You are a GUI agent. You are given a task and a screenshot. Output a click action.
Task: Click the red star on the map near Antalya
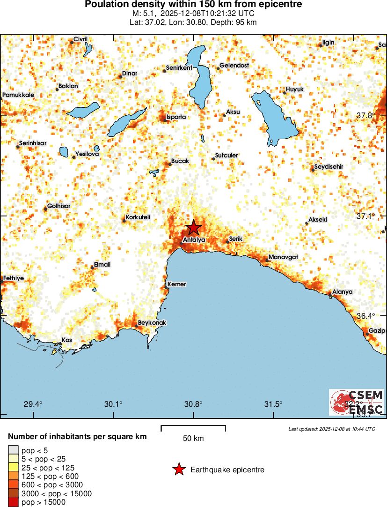click(193, 228)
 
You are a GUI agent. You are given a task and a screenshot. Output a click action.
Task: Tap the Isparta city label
click(176, 117)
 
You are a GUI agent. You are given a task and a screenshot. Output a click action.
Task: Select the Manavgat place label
click(283, 257)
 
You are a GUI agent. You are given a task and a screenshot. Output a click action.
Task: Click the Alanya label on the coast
click(342, 291)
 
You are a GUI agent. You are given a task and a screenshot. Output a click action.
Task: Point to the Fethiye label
click(13, 278)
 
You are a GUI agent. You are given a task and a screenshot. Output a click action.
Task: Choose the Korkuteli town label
click(139, 218)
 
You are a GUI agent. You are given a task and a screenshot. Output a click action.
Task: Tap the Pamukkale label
click(18, 95)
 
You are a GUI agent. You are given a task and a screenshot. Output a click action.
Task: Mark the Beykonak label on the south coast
click(152, 323)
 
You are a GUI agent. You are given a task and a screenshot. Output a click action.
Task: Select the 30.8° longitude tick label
click(193, 404)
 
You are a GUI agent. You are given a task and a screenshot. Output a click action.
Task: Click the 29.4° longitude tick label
click(33, 404)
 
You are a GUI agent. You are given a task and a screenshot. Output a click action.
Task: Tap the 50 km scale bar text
click(193, 439)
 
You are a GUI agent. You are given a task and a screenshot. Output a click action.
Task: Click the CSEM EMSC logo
click(356, 402)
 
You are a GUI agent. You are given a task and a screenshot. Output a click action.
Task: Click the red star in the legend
click(179, 470)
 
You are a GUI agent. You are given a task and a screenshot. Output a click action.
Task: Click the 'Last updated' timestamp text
click(331, 429)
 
